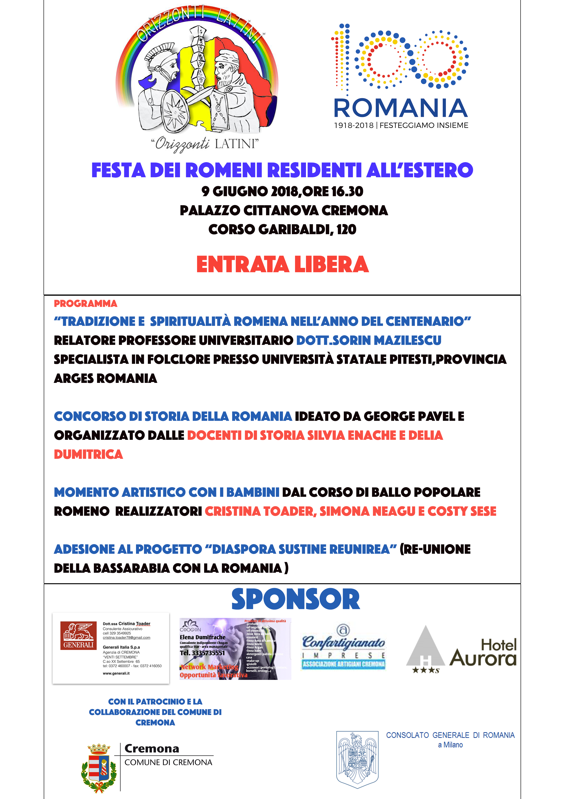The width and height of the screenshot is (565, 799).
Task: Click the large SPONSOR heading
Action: (295, 599)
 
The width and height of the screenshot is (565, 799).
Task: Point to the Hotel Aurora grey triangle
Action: (425, 648)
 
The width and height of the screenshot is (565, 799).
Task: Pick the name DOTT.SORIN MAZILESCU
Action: (369, 340)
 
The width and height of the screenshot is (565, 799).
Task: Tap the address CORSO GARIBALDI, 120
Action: (282, 229)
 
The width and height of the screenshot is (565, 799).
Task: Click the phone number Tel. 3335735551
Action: (202, 653)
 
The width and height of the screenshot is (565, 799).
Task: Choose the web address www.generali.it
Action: (116, 673)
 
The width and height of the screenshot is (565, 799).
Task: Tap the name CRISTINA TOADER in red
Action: (260, 511)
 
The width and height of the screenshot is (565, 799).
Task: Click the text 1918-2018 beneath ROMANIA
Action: (354, 125)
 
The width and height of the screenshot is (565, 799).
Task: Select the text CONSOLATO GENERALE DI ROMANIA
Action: (450, 735)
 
